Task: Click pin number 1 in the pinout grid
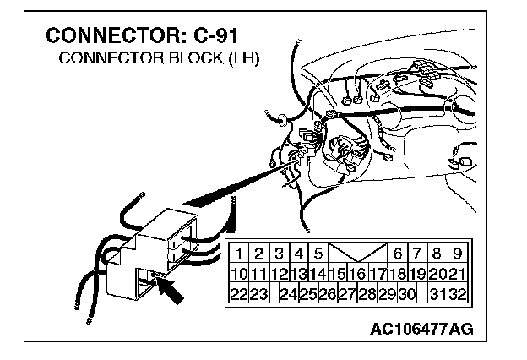(240, 253)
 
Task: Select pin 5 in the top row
(318, 253)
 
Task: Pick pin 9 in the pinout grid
(457, 253)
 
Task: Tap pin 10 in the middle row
(240, 273)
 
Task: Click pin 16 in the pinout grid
(357, 273)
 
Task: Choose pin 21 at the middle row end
(457, 273)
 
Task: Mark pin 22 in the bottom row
(240, 293)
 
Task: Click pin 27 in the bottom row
(347, 293)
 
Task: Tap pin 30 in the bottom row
(407, 293)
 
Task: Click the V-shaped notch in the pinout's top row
(357, 252)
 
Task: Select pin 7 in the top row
(417, 253)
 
